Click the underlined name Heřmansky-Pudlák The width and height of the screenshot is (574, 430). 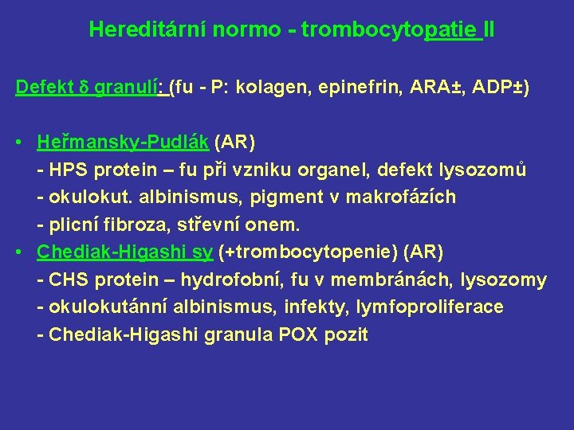pyautogui.click(x=123, y=143)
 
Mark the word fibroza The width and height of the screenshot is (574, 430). pyautogui.click(x=128, y=225)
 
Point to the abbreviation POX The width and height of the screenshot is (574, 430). pyautogui.click(x=297, y=334)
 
